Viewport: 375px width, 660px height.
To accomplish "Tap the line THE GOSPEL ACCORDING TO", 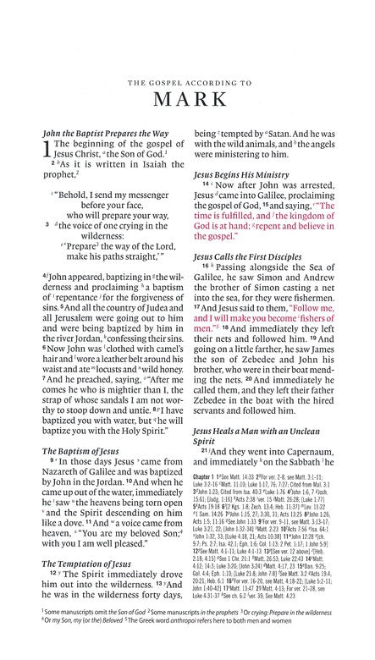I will [x=187, y=61].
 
